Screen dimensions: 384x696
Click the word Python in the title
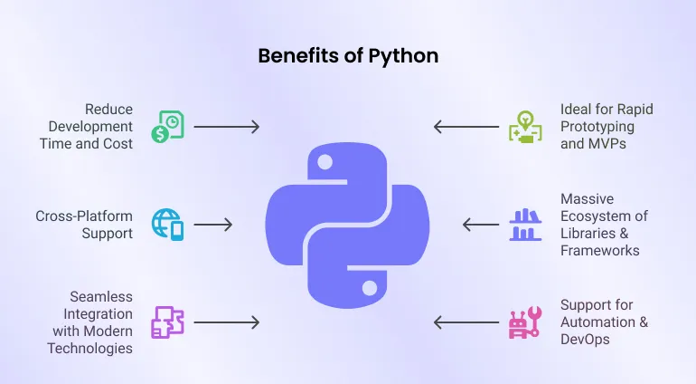pyautogui.click(x=407, y=55)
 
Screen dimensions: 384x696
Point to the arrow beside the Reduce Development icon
pyautogui.click(x=226, y=127)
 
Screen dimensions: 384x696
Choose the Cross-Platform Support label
pyautogui.click(x=84, y=225)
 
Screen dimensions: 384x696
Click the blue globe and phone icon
pyautogui.click(x=168, y=224)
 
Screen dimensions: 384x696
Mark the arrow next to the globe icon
pyautogui.click(x=213, y=224)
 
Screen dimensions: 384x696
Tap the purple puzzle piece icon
pyautogui.click(x=168, y=322)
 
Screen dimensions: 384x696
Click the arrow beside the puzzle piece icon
pyautogui.click(x=226, y=322)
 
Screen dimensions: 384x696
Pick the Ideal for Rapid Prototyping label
pyautogui.click(x=607, y=126)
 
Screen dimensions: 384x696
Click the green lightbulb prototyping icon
pyautogui.click(x=524, y=126)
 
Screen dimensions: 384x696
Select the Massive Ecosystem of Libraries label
pyautogui.click(x=604, y=224)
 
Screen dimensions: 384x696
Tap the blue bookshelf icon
pyautogui.click(x=525, y=224)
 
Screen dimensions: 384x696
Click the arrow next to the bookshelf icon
pyautogui.click(x=481, y=224)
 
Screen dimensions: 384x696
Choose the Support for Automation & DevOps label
pyautogui.click(x=597, y=322)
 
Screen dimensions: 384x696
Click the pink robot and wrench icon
pyautogui.click(x=525, y=322)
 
